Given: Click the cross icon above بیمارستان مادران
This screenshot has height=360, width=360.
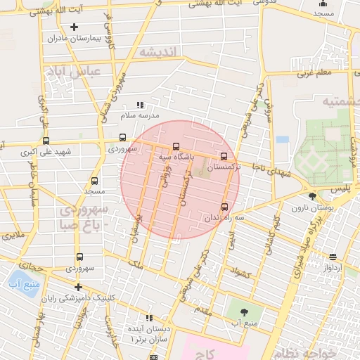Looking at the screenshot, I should click(74, 27).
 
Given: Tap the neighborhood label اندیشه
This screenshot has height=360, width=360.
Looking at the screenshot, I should click(160, 53).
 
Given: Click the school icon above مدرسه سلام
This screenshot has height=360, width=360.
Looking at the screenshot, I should click(139, 105).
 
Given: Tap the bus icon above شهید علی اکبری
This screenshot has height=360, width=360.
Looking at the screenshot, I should click(46, 141).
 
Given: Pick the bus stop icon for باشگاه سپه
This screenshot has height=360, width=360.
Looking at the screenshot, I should click(176, 146).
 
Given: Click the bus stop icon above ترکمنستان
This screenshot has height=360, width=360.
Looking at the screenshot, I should click(224, 156).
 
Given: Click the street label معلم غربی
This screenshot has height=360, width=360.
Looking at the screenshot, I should click(313, 72).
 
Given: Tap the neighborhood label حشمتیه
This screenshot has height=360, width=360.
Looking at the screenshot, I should click(340, 102).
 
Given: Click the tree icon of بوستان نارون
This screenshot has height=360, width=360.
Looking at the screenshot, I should click(312, 196).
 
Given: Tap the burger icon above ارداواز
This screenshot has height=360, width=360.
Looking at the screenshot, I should click(333, 257).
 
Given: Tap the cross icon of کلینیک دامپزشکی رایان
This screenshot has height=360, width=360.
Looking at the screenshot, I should click(78, 287).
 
